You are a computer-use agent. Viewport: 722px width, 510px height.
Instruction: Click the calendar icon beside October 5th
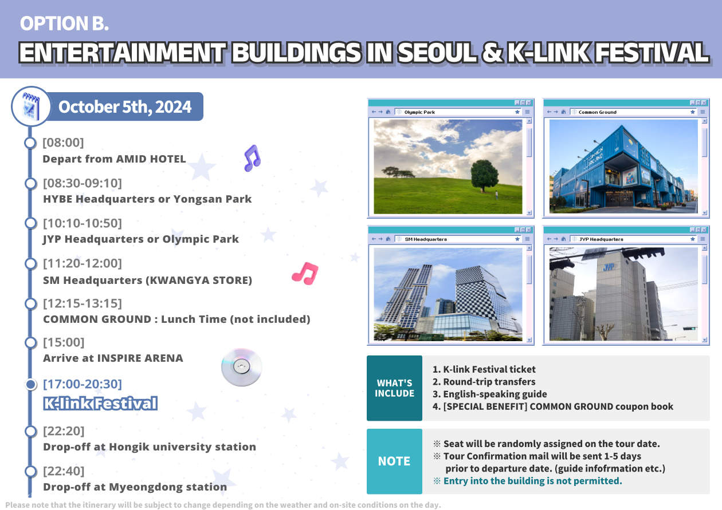point(30,107)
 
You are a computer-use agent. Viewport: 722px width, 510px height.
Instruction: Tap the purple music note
point(252,158)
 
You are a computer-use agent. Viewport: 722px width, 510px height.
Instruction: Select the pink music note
point(305,274)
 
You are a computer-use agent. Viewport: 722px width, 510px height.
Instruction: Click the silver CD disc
point(241,367)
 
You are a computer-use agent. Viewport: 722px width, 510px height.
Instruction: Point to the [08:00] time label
point(63,143)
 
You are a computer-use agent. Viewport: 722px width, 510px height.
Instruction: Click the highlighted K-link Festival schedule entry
point(100,404)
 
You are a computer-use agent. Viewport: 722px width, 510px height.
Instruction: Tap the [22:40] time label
point(63,471)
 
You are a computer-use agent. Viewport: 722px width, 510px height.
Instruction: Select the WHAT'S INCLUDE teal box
point(394,389)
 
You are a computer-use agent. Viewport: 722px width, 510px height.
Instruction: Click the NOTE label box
point(394,461)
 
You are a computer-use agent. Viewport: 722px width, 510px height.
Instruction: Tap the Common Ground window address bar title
point(598,112)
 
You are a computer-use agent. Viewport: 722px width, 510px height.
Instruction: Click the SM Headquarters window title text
point(426,239)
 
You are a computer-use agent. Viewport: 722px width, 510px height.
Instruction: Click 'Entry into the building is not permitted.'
point(532,481)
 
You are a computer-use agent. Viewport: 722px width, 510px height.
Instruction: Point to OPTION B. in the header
point(64,23)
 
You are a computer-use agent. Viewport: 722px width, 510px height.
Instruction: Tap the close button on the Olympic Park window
point(529,102)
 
